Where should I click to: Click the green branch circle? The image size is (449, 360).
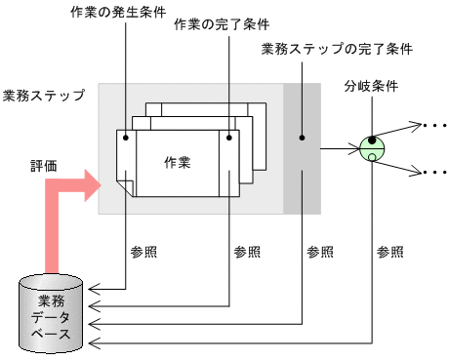[x=372, y=148]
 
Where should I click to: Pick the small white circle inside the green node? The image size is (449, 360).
[x=372, y=156]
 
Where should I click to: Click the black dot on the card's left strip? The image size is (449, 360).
[x=125, y=138]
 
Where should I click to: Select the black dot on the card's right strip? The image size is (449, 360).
[x=230, y=138]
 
